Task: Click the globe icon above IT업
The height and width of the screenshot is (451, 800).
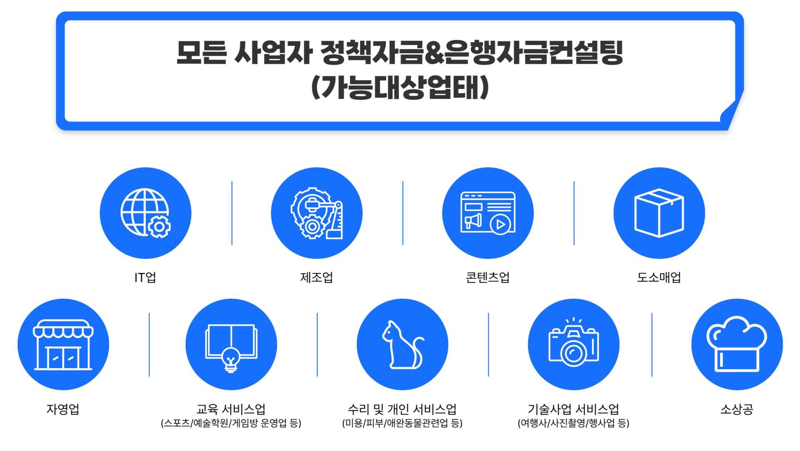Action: point(145,213)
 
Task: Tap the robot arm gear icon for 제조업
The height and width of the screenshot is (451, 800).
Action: point(317,213)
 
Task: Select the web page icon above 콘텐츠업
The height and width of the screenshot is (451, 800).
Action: point(488,213)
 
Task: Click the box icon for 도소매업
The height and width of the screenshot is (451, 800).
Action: point(659,213)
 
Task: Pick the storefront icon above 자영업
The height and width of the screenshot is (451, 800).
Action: point(63,344)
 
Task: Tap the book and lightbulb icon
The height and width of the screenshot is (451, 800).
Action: point(231,348)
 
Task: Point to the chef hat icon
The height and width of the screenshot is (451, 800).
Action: point(737,344)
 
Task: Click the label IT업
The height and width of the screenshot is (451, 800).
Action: point(145,278)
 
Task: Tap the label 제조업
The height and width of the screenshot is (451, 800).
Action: point(317,278)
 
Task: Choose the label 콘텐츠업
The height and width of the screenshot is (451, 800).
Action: point(488,278)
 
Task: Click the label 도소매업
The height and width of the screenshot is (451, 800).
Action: point(659,278)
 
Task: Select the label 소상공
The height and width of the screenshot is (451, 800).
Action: point(737,409)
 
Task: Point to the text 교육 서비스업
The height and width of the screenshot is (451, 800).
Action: point(231,409)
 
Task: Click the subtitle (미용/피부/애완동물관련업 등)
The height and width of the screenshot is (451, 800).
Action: point(402,424)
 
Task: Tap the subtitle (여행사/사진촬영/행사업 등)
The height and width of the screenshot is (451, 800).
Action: point(574,424)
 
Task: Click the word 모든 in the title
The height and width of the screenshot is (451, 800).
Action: point(202,53)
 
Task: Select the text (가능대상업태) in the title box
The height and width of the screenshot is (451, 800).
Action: point(400,87)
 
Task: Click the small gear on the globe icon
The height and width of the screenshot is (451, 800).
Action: point(159,227)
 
